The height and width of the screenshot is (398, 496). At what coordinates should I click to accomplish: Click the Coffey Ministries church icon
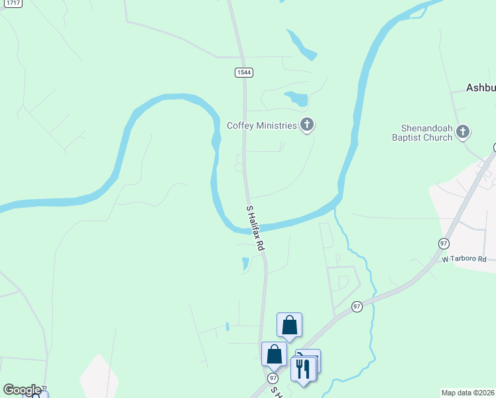[306, 124]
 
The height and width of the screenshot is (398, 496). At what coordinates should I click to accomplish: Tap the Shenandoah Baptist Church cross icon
[463, 131]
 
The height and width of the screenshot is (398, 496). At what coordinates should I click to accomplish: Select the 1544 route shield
[243, 72]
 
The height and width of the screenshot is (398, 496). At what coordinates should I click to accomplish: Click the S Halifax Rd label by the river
[256, 228]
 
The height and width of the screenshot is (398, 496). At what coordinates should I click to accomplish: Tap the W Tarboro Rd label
[464, 259]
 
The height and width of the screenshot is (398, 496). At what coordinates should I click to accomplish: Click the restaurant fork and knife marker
[303, 368]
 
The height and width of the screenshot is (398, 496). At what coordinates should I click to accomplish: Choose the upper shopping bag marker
[289, 325]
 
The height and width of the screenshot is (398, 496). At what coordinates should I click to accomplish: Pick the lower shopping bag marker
[274, 354]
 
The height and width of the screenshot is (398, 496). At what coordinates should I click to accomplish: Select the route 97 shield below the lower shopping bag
[273, 377]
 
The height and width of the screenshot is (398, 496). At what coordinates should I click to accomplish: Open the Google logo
[22, 390]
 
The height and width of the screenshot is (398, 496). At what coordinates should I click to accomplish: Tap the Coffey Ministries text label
[261, 125]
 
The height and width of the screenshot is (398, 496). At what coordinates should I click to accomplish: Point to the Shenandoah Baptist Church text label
[426, 133]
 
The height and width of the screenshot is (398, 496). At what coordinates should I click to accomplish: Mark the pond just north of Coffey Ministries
[297, 99]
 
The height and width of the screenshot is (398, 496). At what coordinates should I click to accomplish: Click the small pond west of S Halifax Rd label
[246, 264]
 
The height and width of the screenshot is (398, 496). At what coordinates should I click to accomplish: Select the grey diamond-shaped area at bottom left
[98, 377]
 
